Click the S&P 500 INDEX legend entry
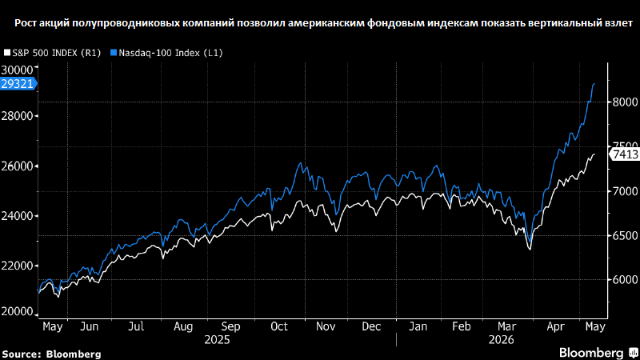[x=52, y=53]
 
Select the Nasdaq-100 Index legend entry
[x=166, y=53]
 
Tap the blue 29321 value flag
[x=18, y=84]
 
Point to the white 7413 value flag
[x=624, y=154]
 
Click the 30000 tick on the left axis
[x=17, y=70]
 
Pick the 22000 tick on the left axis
[x=17, y=266]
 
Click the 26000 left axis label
[x=17, y=166]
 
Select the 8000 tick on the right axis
[x=625, y=102]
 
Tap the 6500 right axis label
[x=625, y=235]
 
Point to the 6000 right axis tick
[x=625, y=279]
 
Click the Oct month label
[x=279, y=326]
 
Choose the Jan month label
[x=418, y=326]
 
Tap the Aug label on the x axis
[x=183, y=327]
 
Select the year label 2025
[x=217, y=340]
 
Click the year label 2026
[x=502, y=340]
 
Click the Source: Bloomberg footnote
[x=51, y=354]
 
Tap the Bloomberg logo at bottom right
[x=598, y=353]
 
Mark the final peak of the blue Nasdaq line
[x=594, y=84]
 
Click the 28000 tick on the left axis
[x=17, y=116]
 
